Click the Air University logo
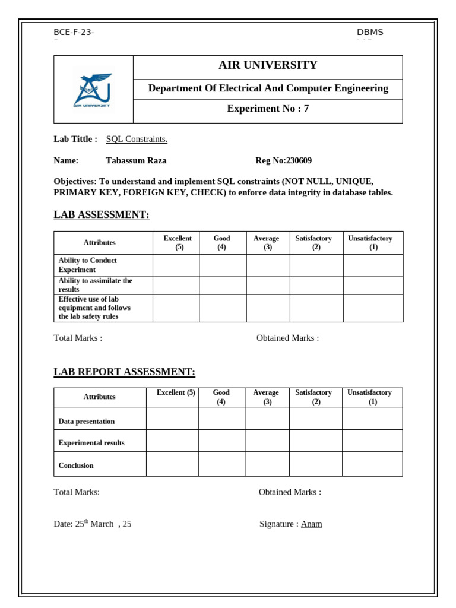93,90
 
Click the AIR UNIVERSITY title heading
268,65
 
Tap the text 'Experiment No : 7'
268,109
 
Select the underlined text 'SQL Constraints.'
137,139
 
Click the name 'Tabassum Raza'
136,160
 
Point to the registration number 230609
299,160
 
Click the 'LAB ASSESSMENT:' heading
102,215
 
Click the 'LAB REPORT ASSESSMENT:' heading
124,372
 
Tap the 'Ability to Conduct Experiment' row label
88,265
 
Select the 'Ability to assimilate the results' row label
95,285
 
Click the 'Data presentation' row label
87,421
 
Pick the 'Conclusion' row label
76,465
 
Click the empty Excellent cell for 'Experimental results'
172,441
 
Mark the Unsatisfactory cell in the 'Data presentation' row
372,419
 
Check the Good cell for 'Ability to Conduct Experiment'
222,265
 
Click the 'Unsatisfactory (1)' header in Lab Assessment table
370,243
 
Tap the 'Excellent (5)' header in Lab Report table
176,393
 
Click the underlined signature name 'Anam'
311,524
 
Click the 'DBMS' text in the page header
370,32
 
